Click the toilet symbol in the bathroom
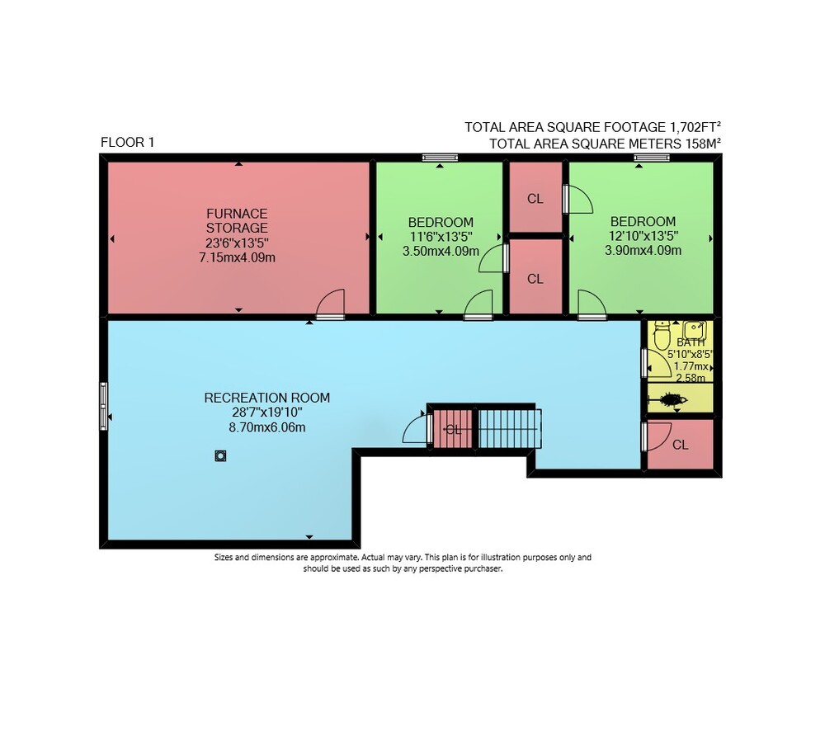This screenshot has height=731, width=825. click(x=662, y=335)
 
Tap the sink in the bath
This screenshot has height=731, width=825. click(x=694, y=330)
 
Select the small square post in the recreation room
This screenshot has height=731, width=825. click(x=220, y=455)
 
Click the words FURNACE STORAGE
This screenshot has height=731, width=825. click(x=237, y=220)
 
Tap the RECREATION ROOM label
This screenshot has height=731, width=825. click(x=267, y=398)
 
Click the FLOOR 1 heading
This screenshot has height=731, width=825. click(x=127, y=142)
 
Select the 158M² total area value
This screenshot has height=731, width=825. click(x=702, y=144)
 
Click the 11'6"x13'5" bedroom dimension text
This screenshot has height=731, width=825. click(x=441, y=236)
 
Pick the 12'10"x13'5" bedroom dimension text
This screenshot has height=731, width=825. click(x=643, y=235)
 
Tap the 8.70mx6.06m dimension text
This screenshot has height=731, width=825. click(x=267, y=427)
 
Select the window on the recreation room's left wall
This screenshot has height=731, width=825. click(x=104, y=406)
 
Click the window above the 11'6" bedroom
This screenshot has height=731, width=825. click(x=440, y=158)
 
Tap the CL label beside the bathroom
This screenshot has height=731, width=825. click(x=681, y=445)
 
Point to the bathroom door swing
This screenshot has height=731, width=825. click(x=656, y=363)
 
